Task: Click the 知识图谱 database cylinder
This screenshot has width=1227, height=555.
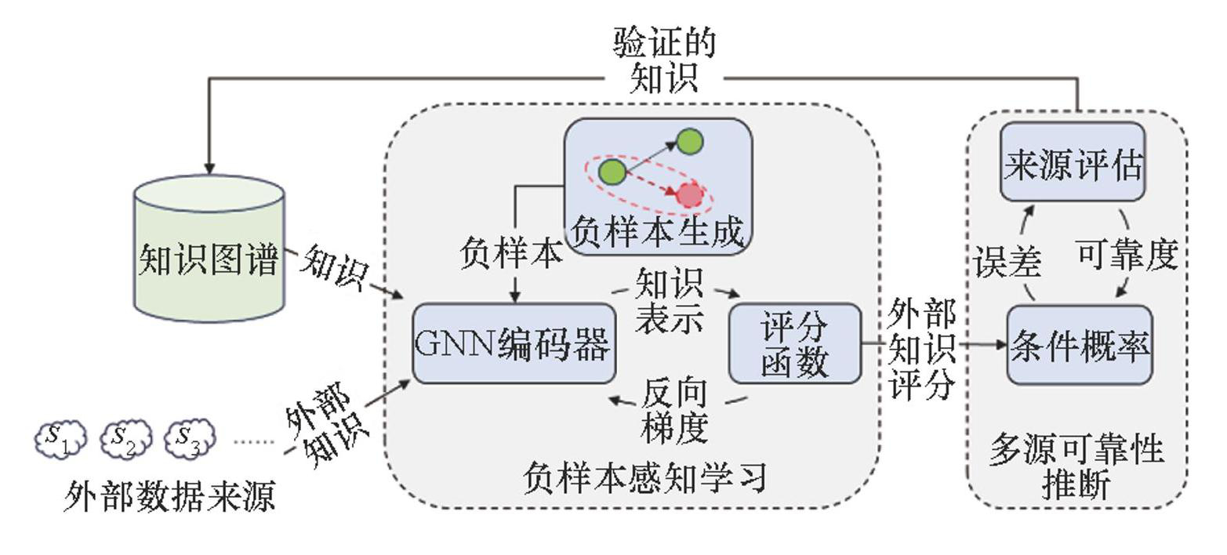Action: (x=209, y=249)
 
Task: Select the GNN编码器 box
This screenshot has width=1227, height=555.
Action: (x=514, y=343)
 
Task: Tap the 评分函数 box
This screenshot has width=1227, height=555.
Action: (x=795, y=344)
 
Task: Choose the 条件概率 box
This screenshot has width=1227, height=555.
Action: (x=1079, y=345)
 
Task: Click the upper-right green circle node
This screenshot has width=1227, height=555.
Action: (x=690, y=142)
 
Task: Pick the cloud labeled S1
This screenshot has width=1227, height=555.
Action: (x=60, y=439)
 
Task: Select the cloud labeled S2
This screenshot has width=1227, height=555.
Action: (x=125, y=439)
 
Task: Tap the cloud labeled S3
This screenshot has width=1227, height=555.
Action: (x=189, y=439)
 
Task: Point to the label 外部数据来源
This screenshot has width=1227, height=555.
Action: (x=169, y=497)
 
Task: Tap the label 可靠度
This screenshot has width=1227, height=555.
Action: (x=1127, y=256)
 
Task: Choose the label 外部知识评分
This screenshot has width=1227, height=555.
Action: (x=922, y=349)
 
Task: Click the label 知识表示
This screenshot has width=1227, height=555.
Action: (x=669, y=302)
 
